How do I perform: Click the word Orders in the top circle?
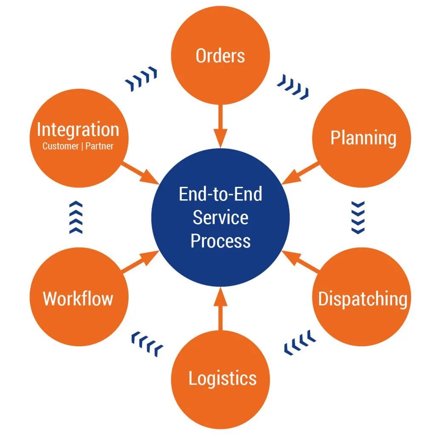(220, 56)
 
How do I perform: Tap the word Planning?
(363, 138)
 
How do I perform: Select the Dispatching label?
(362, 299)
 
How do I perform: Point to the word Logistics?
(222, 378)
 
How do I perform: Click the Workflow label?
(78, 299)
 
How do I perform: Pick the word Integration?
(78, 130)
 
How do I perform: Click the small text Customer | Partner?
(78, 146)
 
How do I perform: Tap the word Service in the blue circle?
(220, 217)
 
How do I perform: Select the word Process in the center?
(220, 240)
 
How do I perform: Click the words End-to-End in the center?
(220, 195)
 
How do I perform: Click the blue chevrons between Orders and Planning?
(293, 87)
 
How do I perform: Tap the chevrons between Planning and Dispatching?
(359, 217)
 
